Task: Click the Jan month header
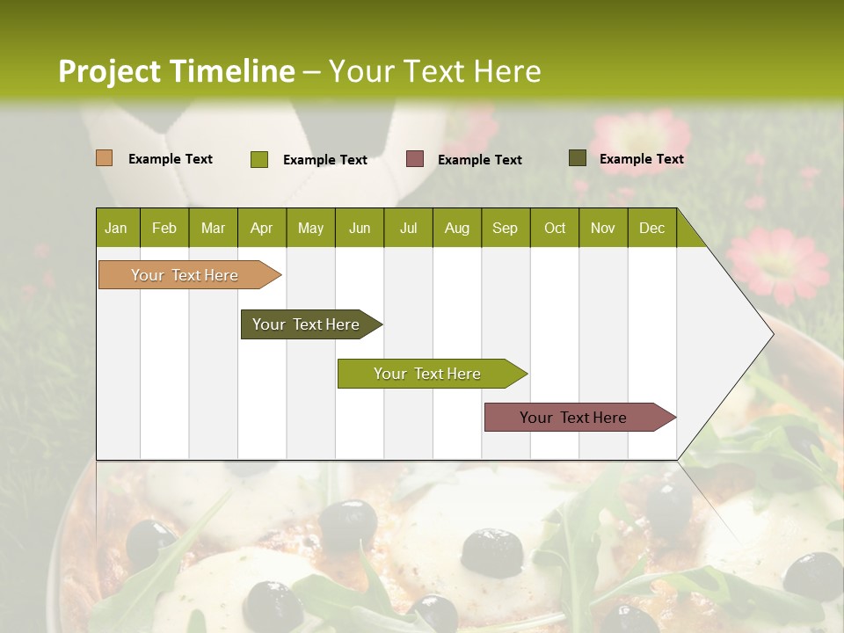116,228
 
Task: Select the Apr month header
261,228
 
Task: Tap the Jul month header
408,228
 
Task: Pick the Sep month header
505,228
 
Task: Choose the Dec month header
651,228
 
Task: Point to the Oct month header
555,228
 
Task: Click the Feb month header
164,228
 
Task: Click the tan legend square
104,158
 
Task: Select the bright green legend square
258,159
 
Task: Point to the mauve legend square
415,159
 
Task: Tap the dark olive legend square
577,158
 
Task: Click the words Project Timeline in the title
177,71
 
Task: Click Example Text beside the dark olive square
641,159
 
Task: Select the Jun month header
360,228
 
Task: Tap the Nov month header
603,228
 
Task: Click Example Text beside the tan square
171,159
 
